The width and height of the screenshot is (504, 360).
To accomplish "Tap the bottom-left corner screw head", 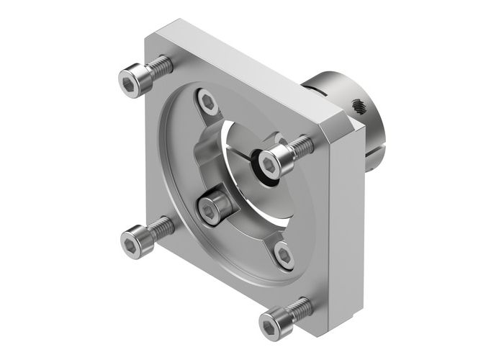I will coord(134,240).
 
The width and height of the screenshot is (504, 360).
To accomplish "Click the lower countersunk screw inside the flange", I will coord(284,255).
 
